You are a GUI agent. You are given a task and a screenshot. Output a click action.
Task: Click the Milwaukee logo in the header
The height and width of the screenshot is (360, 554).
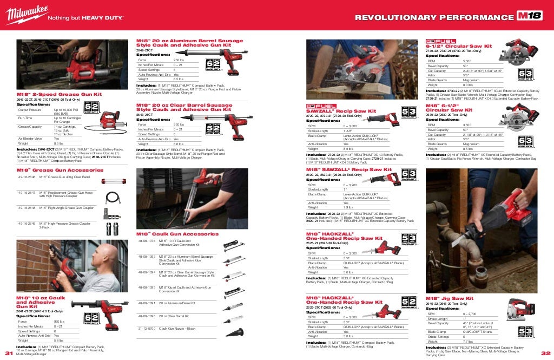pos(25,16)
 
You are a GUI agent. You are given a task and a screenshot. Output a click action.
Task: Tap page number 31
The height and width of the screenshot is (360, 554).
pos(8,353)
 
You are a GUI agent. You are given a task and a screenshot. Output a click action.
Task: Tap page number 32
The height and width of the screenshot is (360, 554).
pos(545,353)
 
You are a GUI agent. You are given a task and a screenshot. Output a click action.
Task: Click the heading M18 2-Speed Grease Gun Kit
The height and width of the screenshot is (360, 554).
pos(59,94)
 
